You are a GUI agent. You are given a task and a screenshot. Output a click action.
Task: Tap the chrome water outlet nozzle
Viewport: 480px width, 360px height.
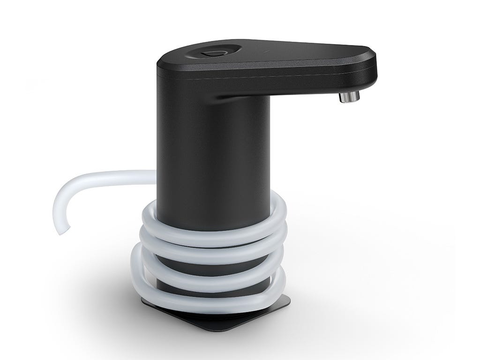349,97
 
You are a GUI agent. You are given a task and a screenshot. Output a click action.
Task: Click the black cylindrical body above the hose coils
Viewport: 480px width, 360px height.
213,155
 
